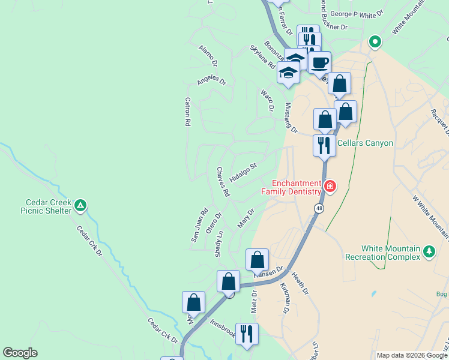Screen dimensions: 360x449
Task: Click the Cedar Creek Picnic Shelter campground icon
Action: click(x=80, y=206)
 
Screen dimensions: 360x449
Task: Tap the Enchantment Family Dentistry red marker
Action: click(x=330, y=187)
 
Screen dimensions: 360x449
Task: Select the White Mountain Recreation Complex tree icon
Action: click(x=429, y=251)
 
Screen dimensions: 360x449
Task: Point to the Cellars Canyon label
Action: click(x=365, y=143)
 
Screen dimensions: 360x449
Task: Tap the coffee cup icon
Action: click(x=320, y=61)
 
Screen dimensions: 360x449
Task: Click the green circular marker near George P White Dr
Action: click(x=375, y=42)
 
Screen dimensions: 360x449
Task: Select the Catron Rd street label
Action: click(x=187, y=112)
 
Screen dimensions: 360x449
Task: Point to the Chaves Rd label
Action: click(x=223, y=182)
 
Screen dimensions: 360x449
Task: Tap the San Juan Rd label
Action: click(x=199, y=225)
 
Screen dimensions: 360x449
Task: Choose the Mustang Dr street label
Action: click(x=291, y=118)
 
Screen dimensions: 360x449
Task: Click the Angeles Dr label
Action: click(x=211, y=79)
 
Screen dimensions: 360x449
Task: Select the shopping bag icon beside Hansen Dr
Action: click(x=257, y=260)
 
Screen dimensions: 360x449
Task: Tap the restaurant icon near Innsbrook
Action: click(x=247, y=333)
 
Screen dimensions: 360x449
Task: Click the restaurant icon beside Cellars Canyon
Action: click(x=324, y=145)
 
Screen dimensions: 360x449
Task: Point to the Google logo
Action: click(x=20, y=353)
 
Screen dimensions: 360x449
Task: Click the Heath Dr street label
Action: click(x=300, y=284)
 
